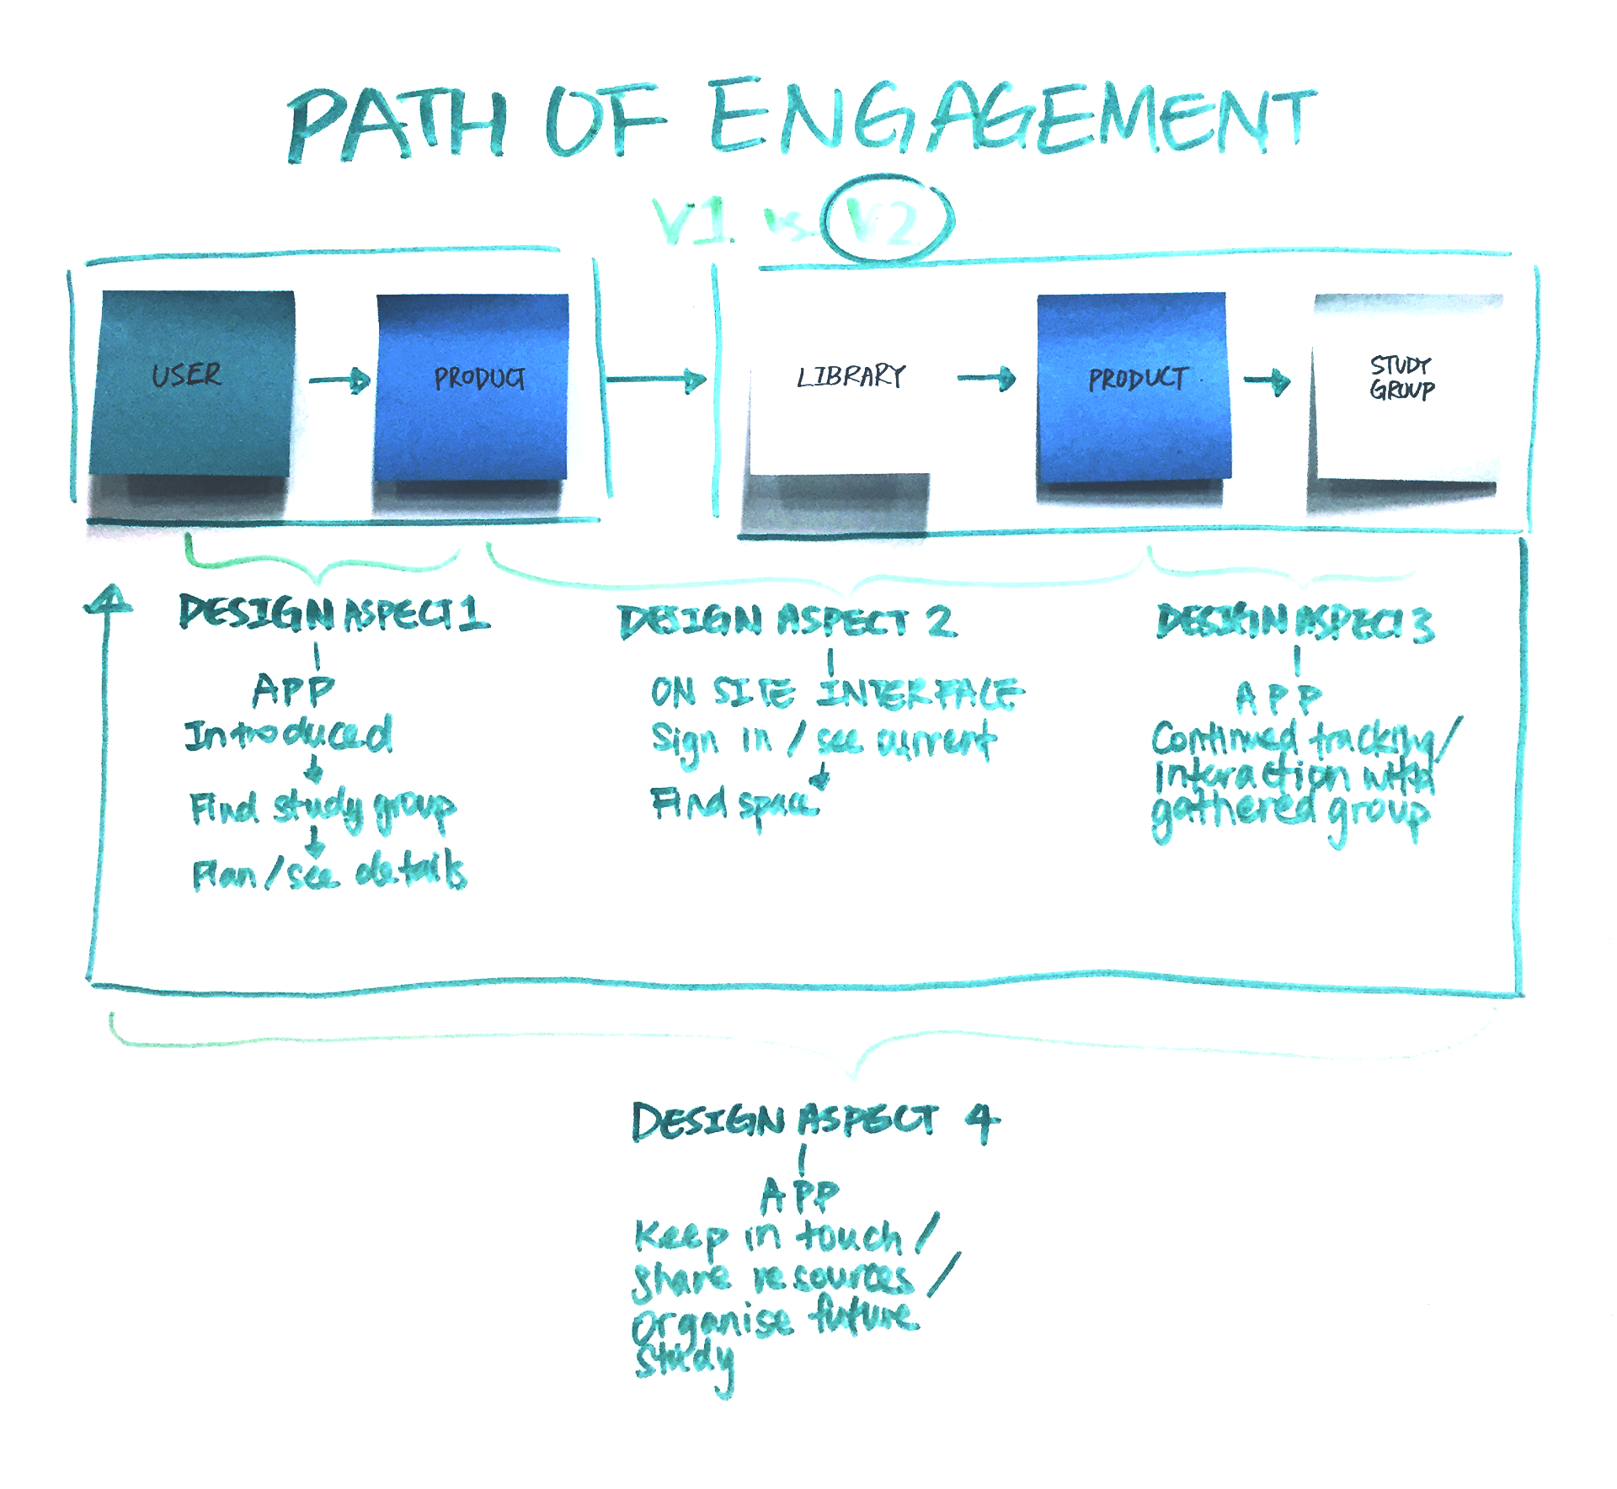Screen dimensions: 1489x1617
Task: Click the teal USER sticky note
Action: point(192,383)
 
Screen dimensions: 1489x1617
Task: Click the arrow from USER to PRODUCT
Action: point(339,380)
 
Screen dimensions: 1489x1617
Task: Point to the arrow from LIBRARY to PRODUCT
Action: point(987,378)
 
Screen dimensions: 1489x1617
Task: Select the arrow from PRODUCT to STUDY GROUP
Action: point(1267,380)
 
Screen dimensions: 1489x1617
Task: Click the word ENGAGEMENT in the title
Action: point(1011,118)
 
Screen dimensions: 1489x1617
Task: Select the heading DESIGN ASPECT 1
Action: point(334,614)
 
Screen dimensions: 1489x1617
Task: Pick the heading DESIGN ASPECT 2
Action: point(787,622)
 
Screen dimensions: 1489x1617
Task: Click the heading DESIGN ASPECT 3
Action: point(1294,623)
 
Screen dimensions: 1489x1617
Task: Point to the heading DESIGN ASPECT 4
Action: point(815,1122)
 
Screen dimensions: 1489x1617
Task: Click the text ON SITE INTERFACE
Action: point(837,694)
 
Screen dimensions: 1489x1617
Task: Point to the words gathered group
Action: point(1289,812)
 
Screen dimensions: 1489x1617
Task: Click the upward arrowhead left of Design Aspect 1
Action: point(108,599)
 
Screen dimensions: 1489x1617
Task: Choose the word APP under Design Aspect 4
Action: point(800,1194)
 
